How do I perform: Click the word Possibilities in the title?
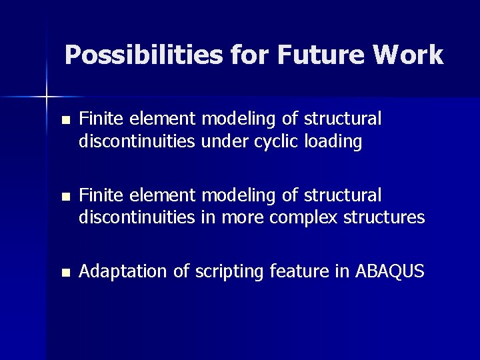(x=144, y=55)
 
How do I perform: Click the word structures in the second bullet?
(x=385, y=217)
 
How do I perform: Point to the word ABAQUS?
(x=390, y=272)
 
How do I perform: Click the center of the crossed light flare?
(x=47, y=97)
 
